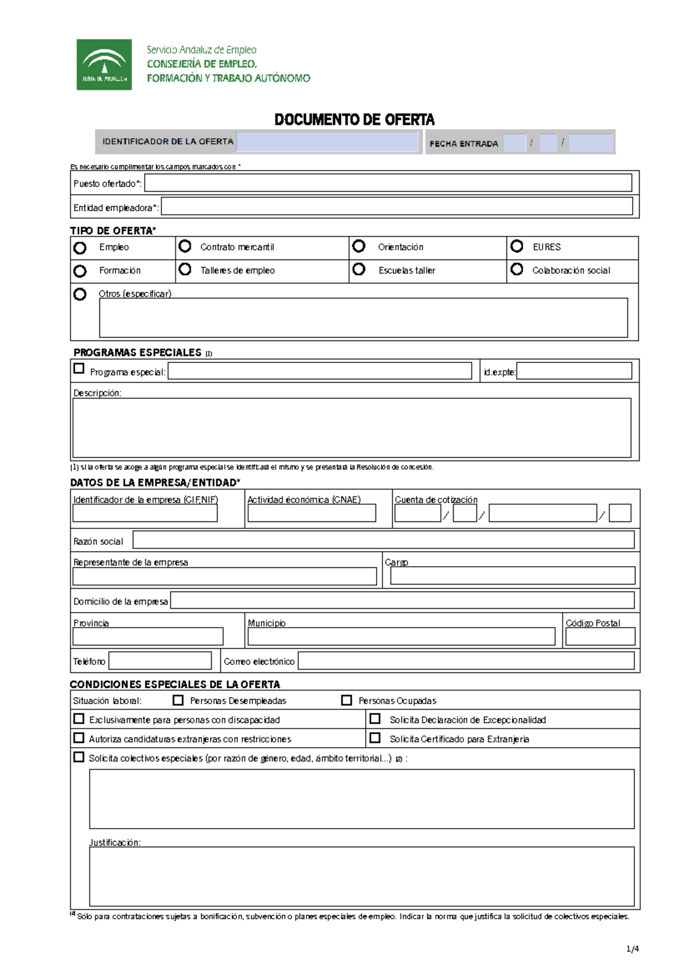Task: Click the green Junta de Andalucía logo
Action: point(104,64)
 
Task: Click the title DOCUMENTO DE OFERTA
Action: point(354,119)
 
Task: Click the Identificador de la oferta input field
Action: point(328,142)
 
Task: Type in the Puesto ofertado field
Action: point(388,183)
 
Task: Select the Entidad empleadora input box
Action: point(397,207)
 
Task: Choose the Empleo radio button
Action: point(80,248)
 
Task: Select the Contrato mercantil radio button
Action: point(185,246)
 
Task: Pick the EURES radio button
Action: point(517,246)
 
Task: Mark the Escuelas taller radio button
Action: point(359,269)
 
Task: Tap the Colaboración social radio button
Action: point(517,269)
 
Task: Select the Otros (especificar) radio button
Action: point(80,294)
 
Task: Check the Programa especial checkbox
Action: point(79,369)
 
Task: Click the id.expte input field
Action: point(574,371)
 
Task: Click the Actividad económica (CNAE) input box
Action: point(312,513)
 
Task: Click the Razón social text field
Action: point(384,540)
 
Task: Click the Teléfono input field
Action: point(160,660)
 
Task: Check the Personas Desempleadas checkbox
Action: point(178,700)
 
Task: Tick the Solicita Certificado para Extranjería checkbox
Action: point(375,738)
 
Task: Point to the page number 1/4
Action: point(632,949)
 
